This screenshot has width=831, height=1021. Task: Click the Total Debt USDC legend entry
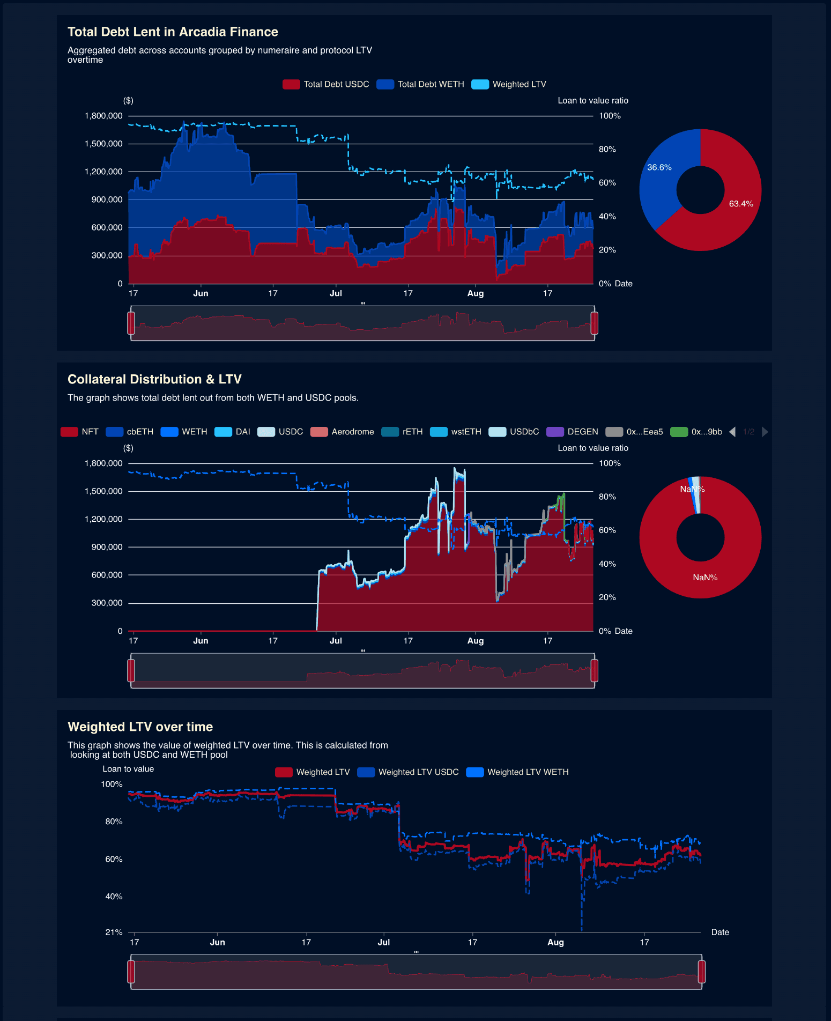pos(326,84)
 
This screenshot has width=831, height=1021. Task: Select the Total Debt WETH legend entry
pos(420,84)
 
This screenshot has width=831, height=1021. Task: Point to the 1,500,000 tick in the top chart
pos(103,144)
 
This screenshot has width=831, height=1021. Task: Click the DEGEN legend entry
pos(573,432)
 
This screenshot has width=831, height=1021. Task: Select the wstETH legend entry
pos(456,432)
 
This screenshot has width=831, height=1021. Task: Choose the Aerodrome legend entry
pos(343,432)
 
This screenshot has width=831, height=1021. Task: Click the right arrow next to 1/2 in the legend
pos(765,432)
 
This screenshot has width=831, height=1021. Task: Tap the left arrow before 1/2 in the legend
pos(732,432)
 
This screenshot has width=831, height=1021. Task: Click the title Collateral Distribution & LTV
pos(154,379)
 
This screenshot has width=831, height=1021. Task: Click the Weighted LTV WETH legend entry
pos(518,772)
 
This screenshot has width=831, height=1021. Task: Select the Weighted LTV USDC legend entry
pos(409,772)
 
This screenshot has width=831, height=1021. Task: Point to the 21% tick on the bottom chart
pos(114,932)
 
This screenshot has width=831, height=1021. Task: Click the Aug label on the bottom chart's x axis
pos(555,942)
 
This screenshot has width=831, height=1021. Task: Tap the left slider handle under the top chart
pos(131,323)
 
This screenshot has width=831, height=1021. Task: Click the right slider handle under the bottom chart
pos(701,972)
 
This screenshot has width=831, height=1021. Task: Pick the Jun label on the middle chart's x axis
pos(201,641)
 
